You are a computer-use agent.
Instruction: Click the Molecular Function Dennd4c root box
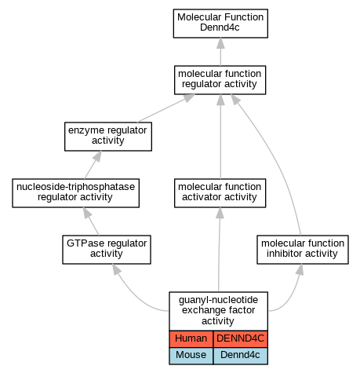(220, 24)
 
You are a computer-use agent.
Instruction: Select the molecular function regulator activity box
(220, 80)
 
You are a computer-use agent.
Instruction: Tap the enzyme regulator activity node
(108, 137)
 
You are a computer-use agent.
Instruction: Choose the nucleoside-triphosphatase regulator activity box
(75, 193)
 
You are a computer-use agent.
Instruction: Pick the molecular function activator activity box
(220, 193)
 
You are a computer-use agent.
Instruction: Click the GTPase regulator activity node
(107, 250)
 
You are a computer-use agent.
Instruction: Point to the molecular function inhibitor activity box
(303, 250)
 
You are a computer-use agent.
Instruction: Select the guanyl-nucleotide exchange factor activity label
(218, 311)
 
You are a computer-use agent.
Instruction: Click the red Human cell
(191, 338)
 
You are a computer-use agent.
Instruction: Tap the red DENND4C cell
(240, 338)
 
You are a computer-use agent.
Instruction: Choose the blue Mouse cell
(191, 356)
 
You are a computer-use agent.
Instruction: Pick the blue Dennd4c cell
(240, 356)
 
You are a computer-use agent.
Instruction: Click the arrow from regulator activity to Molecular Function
(220, 52)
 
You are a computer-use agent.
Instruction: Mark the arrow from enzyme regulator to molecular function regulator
(166, 108)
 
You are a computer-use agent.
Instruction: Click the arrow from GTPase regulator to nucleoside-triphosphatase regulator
(91, 221)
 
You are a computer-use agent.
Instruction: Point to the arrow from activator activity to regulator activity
(220, 137)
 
